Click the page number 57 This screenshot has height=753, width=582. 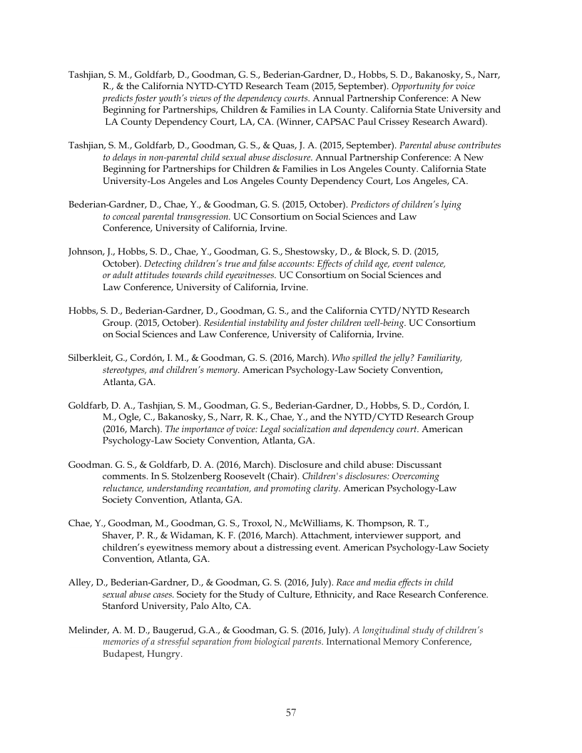[291, 712]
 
